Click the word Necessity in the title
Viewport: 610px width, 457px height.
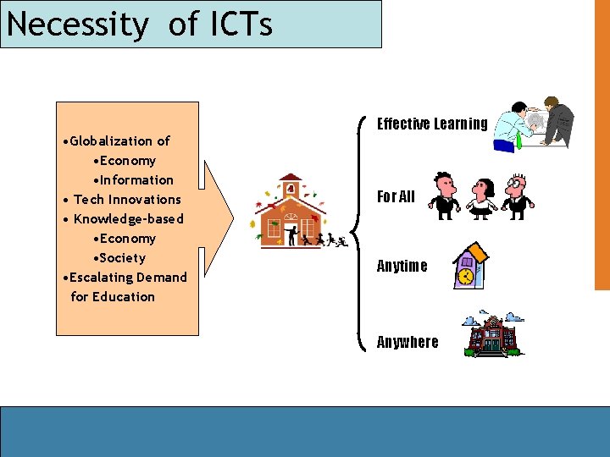pyautogui.click(x=76, y=25)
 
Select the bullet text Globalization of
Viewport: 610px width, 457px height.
pyautogui.click(x=119, y=141)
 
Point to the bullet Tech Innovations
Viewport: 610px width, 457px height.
pyautogui.click(x=127, y=200)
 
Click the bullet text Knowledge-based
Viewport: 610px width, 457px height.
pyautogui.click(x=128, y=219)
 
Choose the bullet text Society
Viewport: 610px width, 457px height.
pyautogui.click(x=122, y=258)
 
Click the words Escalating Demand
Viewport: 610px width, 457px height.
pyautogui.click(x=128, y=278)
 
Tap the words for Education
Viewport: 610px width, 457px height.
pyautogui.click(x=113, y=297)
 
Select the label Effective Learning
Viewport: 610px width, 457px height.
pyautogui.click(x=432, y=124)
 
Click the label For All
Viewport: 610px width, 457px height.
pyautogui.click(x=396, y=197)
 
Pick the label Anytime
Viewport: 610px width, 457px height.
pyautogui.click(x=402, y=266)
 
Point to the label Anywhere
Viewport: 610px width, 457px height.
pyautogui.click(x=408, y=342)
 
